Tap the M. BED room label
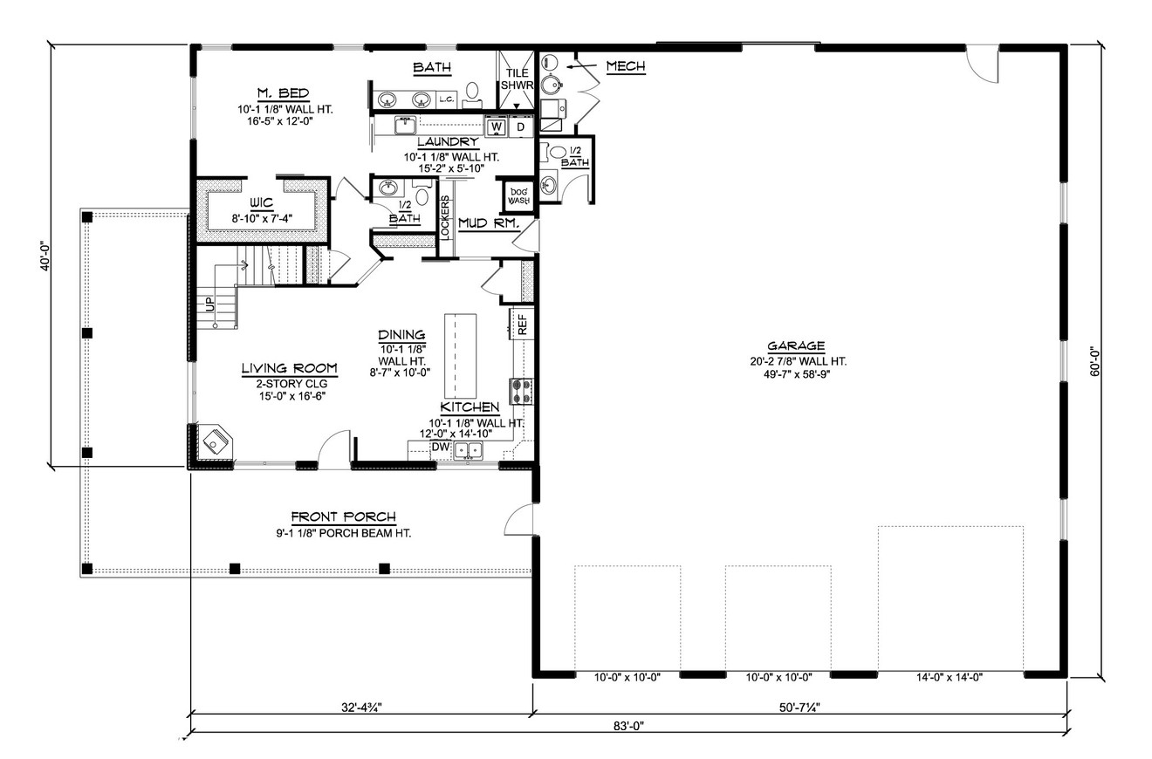[283, 94]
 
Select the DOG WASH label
[519, 195]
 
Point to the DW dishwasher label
[442, 448]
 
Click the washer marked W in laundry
[496, 127]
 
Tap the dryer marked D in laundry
[520, 127]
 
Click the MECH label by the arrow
[625, 66]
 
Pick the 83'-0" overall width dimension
[627, 725]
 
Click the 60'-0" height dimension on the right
[1093, 360]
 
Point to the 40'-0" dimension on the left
[45, 256]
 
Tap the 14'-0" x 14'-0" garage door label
[950, 677]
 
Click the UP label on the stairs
[208, 304]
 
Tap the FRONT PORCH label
[343, 516]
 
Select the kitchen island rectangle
[461, 355]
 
